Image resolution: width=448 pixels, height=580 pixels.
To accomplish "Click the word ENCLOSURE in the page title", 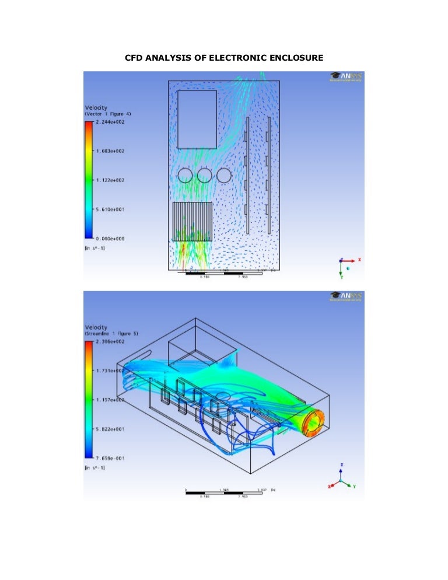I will pyautogui.click(x=292, y=57).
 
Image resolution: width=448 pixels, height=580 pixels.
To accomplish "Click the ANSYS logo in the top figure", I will pyautogui.click(x=345, y=76).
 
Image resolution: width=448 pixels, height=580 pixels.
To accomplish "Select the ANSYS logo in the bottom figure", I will pyautogui.click(x=345, y=296).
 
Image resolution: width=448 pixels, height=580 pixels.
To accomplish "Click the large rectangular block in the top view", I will pyautogui.click(x=197, y=119).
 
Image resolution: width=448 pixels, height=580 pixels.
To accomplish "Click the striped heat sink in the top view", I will pyautogui.click(x=193, y=222).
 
